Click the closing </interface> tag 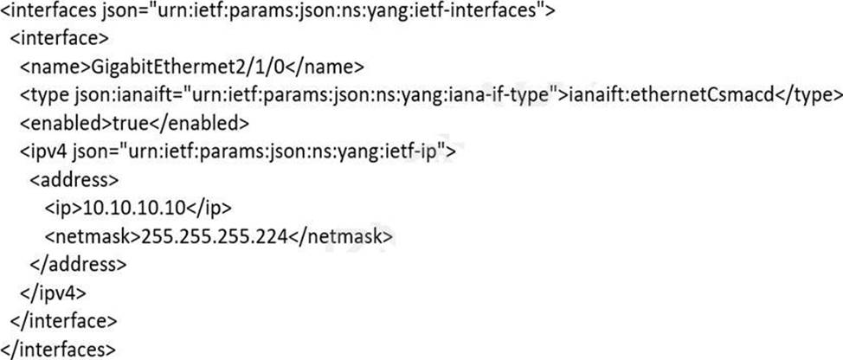(x=61, y=321)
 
